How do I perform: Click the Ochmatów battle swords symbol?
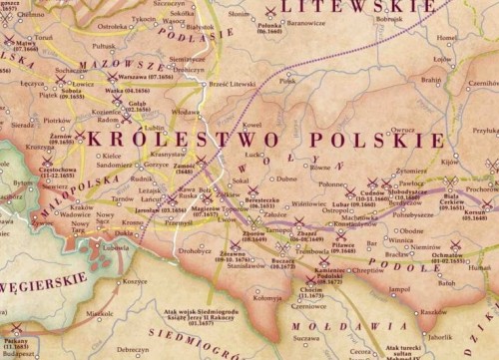[456, 245]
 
